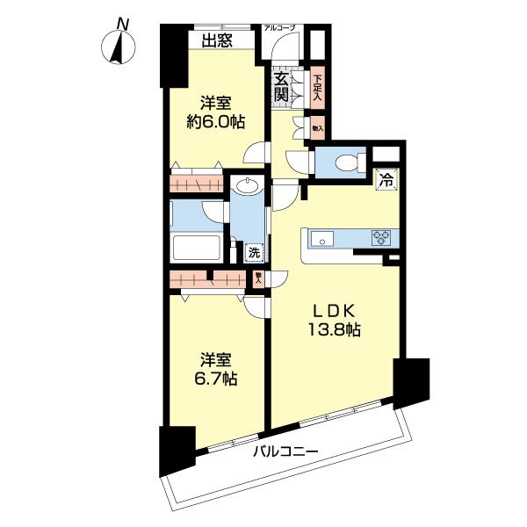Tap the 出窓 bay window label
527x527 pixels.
click(x=216, y=40)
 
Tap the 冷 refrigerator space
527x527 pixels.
click(x=385, y=179)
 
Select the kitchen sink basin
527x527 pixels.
click(x=320, y=237)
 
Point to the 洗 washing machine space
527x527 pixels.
click(x=253, y=253)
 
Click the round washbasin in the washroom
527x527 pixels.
click(x=249, y=187)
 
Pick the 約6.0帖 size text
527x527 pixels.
click(x=214, y=122)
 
